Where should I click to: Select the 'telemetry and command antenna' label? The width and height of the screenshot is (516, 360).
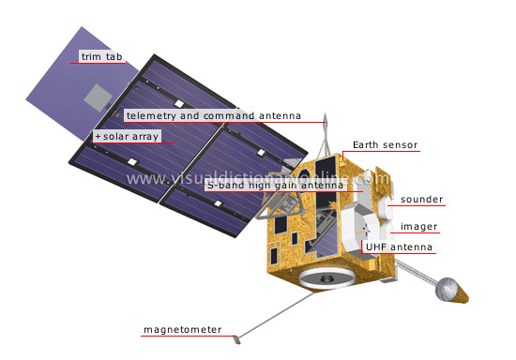click(213, 116)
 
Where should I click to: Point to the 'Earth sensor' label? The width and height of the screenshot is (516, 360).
click(385, 145)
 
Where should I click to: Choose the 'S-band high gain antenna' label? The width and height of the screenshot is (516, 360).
click(277, 185)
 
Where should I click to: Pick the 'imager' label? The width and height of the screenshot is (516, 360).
click(418, 226)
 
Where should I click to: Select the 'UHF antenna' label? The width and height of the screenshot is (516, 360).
click(399, 247)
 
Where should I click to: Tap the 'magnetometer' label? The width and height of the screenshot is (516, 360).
click(182, 330)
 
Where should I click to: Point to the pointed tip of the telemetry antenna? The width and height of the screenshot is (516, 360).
click(326, 118)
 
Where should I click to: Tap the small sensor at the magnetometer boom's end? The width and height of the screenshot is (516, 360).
click(238, 335)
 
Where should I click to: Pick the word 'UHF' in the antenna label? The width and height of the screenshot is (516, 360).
click(376, 247)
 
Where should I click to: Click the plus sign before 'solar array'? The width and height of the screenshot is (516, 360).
click(97, 137)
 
